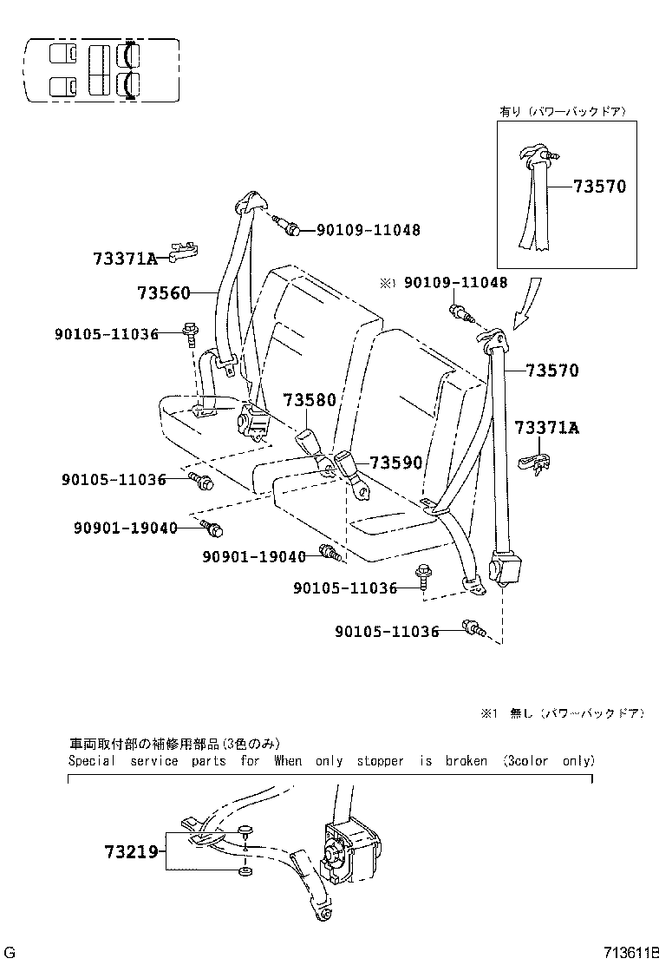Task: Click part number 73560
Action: click(x=162, y=293)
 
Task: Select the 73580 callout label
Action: click(x=309, y=401)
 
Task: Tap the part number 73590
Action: click(x=396, y=463)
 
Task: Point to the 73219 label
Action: click(x=132, y=853)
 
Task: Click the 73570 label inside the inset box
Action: click(x=598, y=187)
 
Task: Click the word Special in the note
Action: click(x=91, y=761)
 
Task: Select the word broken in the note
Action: click(x=466, y=761)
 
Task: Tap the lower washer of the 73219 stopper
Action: click(x=245, y=870)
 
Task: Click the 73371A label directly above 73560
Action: click(x=125, y=259)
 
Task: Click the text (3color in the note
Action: click(x=525, y=761)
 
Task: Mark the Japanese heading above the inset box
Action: click(x=561, y=112)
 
